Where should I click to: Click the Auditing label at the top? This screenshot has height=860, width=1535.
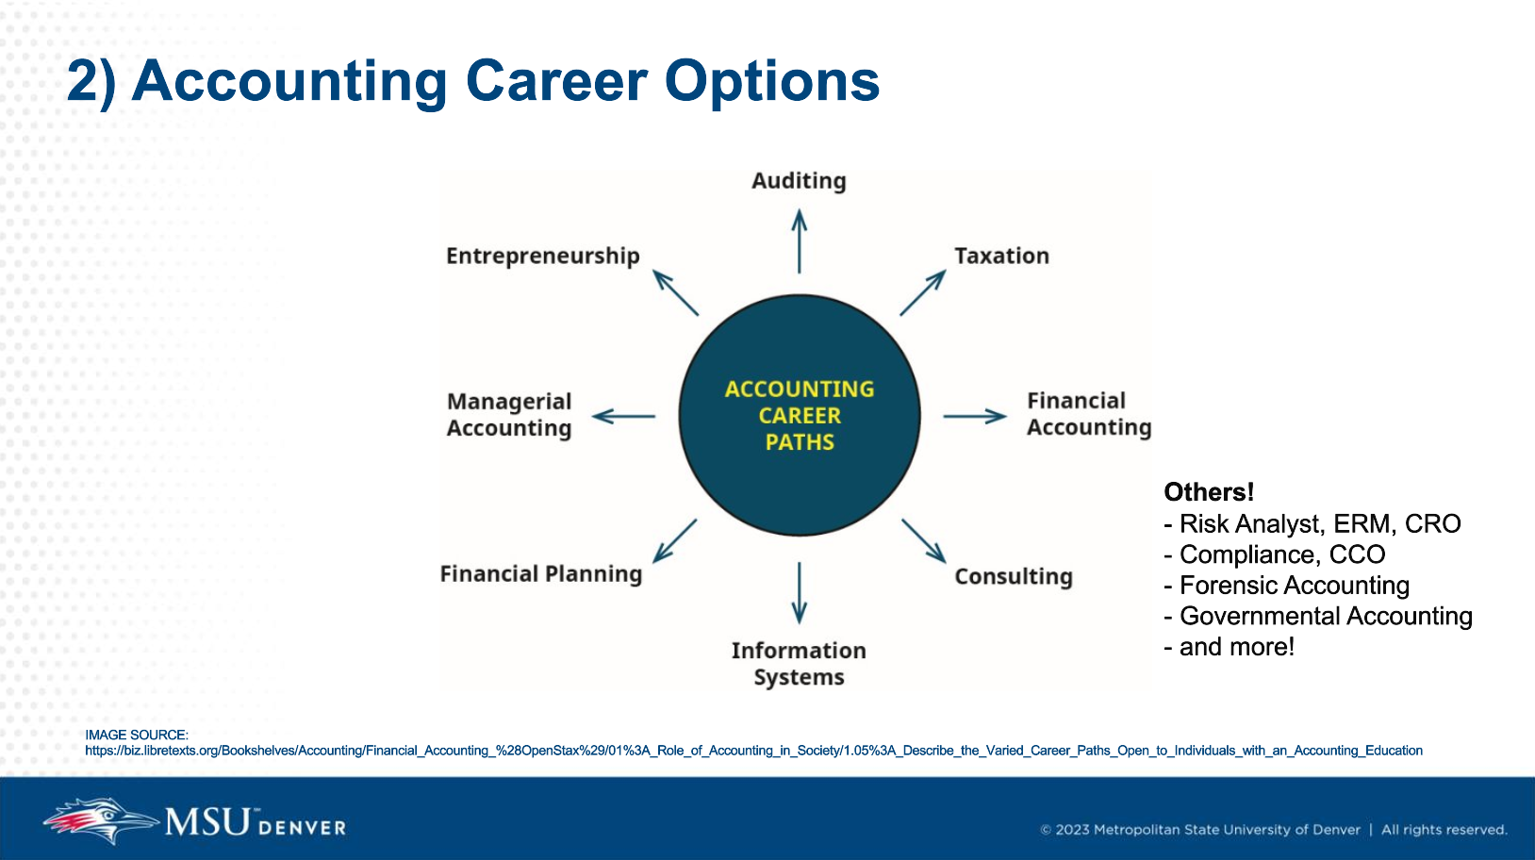799,181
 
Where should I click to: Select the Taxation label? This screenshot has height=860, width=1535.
1001,256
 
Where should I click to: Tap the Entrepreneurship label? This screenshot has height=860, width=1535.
542,256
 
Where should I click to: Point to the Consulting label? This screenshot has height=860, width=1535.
1013,576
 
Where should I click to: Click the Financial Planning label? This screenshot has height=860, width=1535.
540,574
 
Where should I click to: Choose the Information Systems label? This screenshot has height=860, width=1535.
799,664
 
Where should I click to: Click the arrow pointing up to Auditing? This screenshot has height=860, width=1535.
800,241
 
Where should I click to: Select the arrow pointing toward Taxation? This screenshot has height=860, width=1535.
922,292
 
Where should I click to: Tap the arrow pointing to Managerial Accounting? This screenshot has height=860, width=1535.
623,416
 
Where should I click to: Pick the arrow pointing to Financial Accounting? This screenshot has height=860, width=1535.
975,416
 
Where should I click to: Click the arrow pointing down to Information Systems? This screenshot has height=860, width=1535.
800,592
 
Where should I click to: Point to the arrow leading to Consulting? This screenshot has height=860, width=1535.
923,540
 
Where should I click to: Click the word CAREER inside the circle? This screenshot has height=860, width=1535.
800,416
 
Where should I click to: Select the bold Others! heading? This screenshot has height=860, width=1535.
1209,492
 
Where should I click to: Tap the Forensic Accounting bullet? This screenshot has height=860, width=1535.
1294,586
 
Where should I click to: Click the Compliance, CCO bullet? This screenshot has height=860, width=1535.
1281,554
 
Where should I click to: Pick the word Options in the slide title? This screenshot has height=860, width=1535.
772,81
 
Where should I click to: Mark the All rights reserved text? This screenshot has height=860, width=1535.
1444,830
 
